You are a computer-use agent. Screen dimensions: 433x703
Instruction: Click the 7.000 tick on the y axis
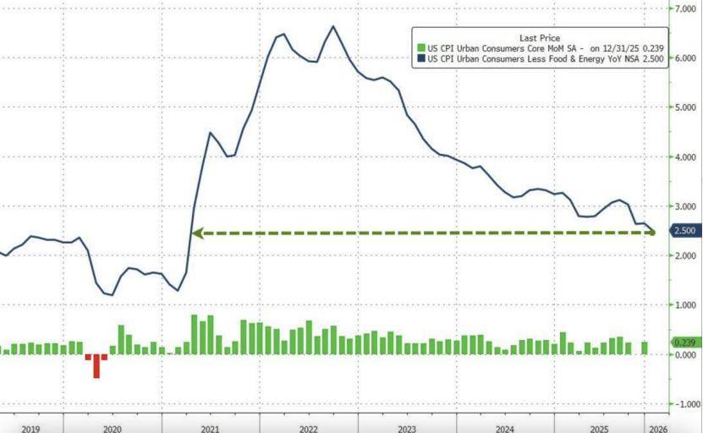(x=682, y=8)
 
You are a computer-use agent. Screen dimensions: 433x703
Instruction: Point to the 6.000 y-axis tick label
(x=682, y=58)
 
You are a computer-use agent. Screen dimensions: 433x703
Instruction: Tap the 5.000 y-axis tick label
(x=682, y=107)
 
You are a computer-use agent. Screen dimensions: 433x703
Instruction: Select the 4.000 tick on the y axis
(x=682, y=157)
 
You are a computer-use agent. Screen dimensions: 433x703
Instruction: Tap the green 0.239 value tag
(x=682, y=342)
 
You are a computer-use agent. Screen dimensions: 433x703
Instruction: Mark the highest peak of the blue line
(x=332, y=26)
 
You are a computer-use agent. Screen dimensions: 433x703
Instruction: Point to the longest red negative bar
(x=96, y=366)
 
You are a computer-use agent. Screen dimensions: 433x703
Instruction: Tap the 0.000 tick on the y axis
(x=682, y=355)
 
